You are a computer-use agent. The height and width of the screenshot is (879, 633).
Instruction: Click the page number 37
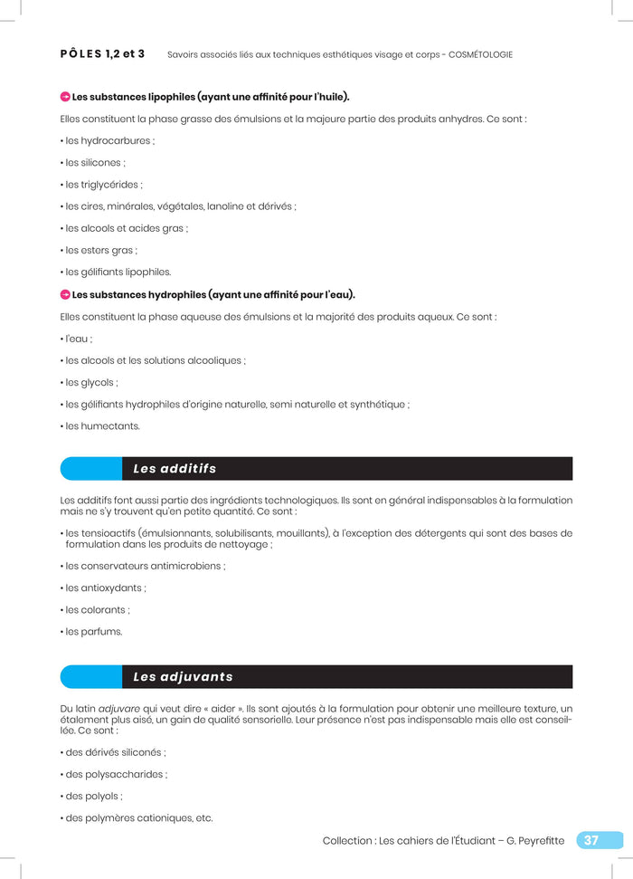pos(591,840)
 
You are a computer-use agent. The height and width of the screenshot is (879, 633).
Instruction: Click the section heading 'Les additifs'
pos(175,469)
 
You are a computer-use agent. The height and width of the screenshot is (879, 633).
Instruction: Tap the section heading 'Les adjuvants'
pos(183,677)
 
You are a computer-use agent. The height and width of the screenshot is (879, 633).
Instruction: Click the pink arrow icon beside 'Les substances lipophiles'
pos(65,97)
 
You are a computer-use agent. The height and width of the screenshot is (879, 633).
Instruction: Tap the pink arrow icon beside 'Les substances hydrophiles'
pos(65,294)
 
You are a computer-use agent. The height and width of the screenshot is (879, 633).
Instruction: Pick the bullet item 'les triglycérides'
pos(101,185)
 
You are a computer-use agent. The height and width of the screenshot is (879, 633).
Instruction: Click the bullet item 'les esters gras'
pos(99,250)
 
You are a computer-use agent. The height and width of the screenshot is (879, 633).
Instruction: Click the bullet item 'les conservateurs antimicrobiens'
pos(143,566)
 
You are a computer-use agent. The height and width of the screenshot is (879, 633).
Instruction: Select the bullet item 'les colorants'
pos(95,610)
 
